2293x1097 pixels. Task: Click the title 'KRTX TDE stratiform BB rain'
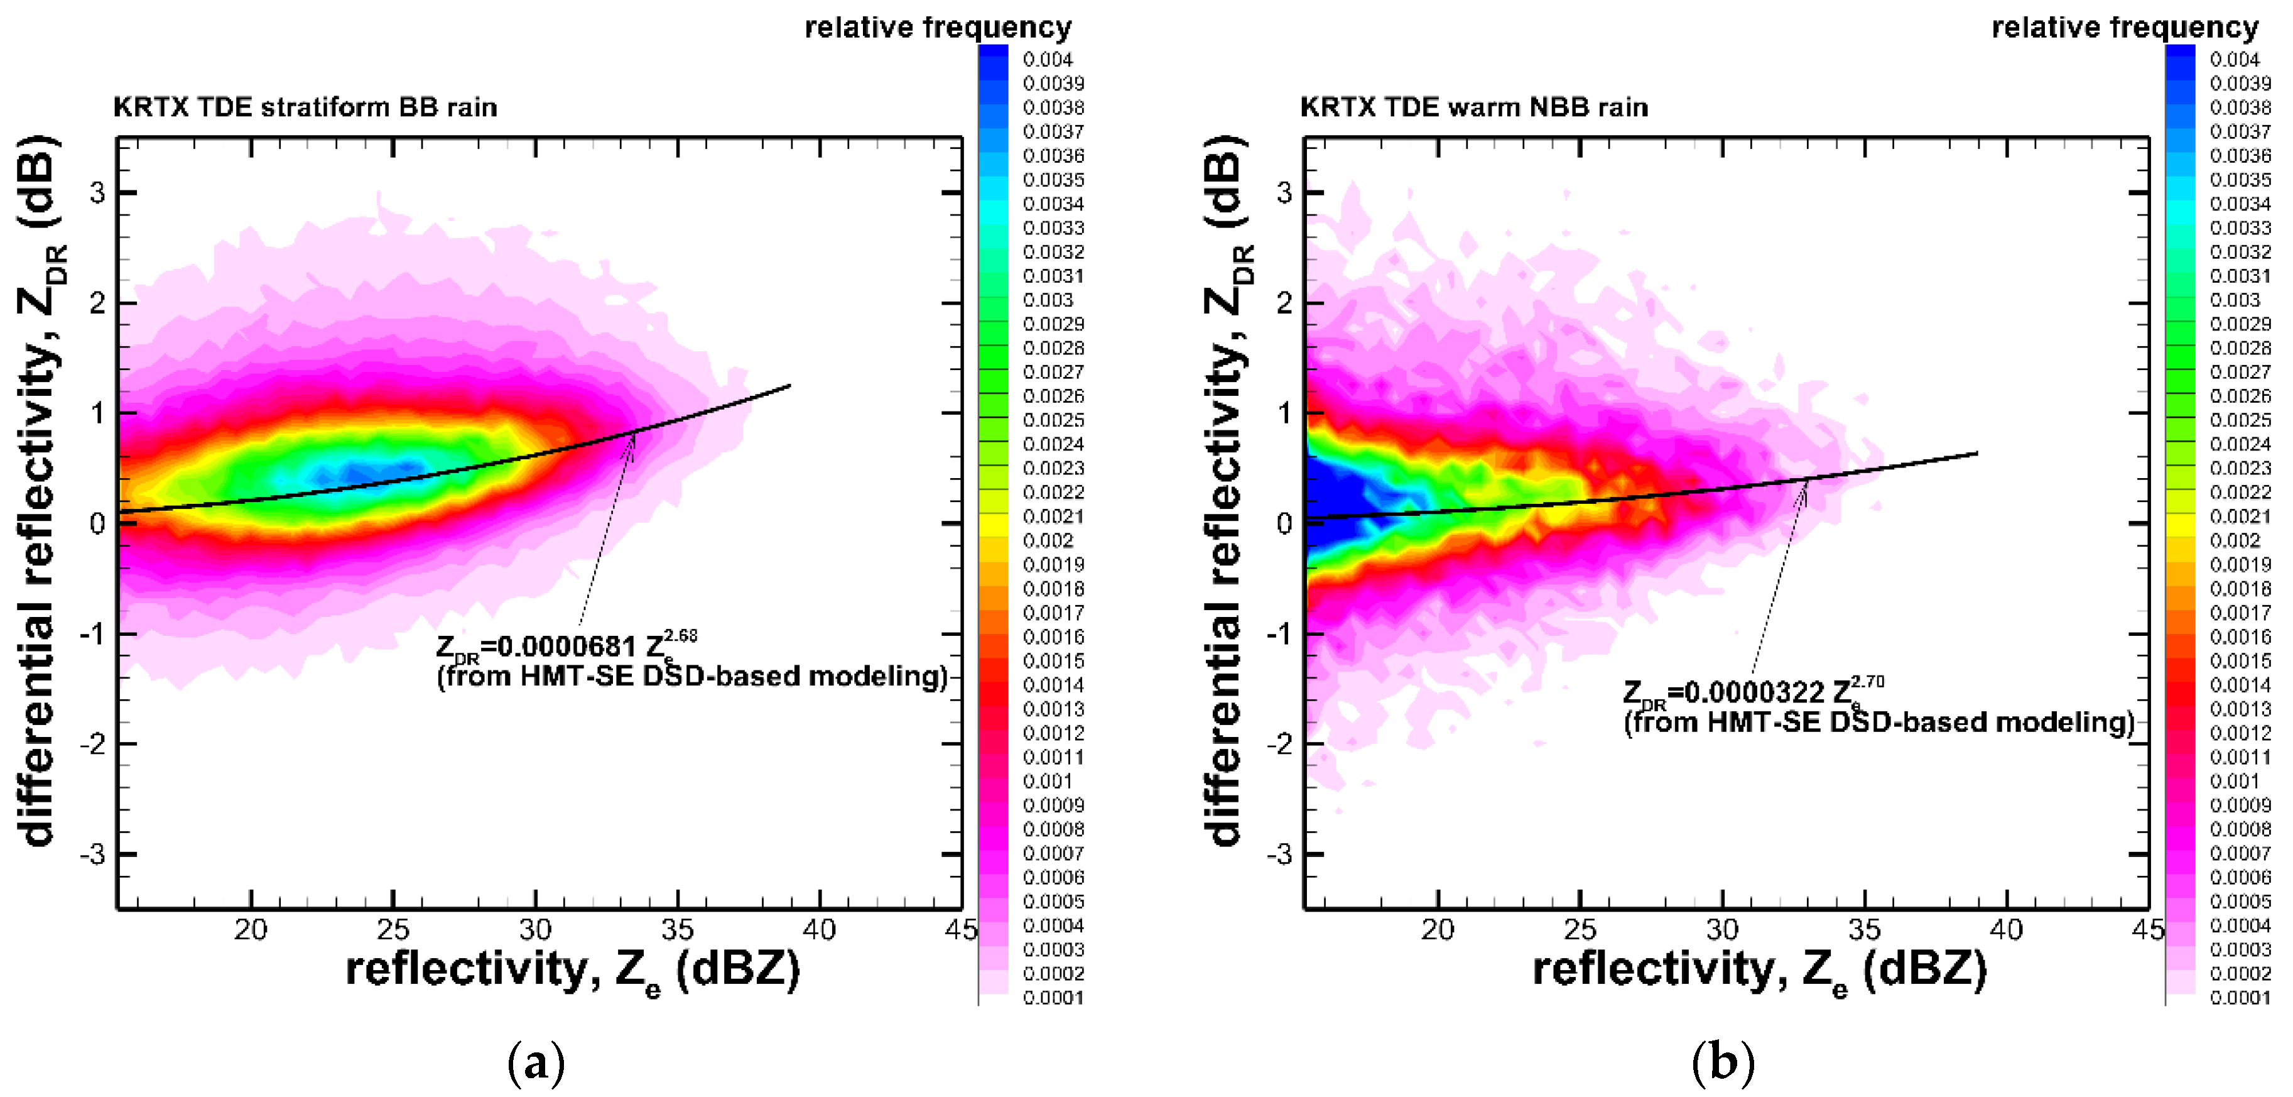pyautogui.click(x=305, y=107)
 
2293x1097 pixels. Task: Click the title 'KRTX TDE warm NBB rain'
pyautogui.click(x=1473, y=107)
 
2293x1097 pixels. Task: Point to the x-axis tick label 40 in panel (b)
pyautogui.click(x=2005, y=931)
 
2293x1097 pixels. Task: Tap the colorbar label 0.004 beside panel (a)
pyautogui.click(x=1048, y=60)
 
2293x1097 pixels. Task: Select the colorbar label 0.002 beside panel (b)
pyautogui.click(x=2234, y=540)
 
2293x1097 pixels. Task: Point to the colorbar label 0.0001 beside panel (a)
pyautogui.click(x=1053, y=997)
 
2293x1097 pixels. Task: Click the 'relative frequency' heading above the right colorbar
pyautogui.click(x=2124, y=28)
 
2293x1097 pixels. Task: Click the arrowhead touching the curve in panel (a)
pyautogui.click(x=632, y=436)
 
